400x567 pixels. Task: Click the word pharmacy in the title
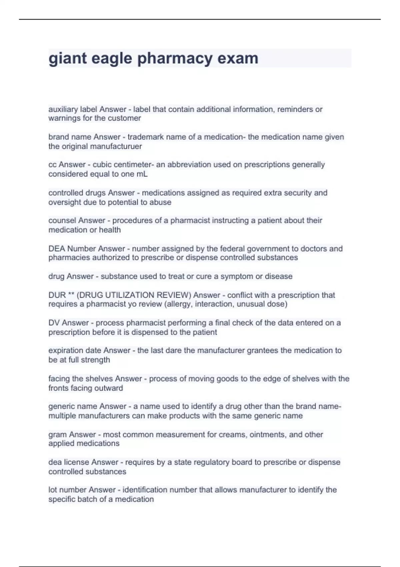(x=175, y=59)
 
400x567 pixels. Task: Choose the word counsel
(x=62, y=220)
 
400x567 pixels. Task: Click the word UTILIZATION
(x=130, y=295)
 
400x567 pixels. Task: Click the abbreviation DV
(x=54, y=323)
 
